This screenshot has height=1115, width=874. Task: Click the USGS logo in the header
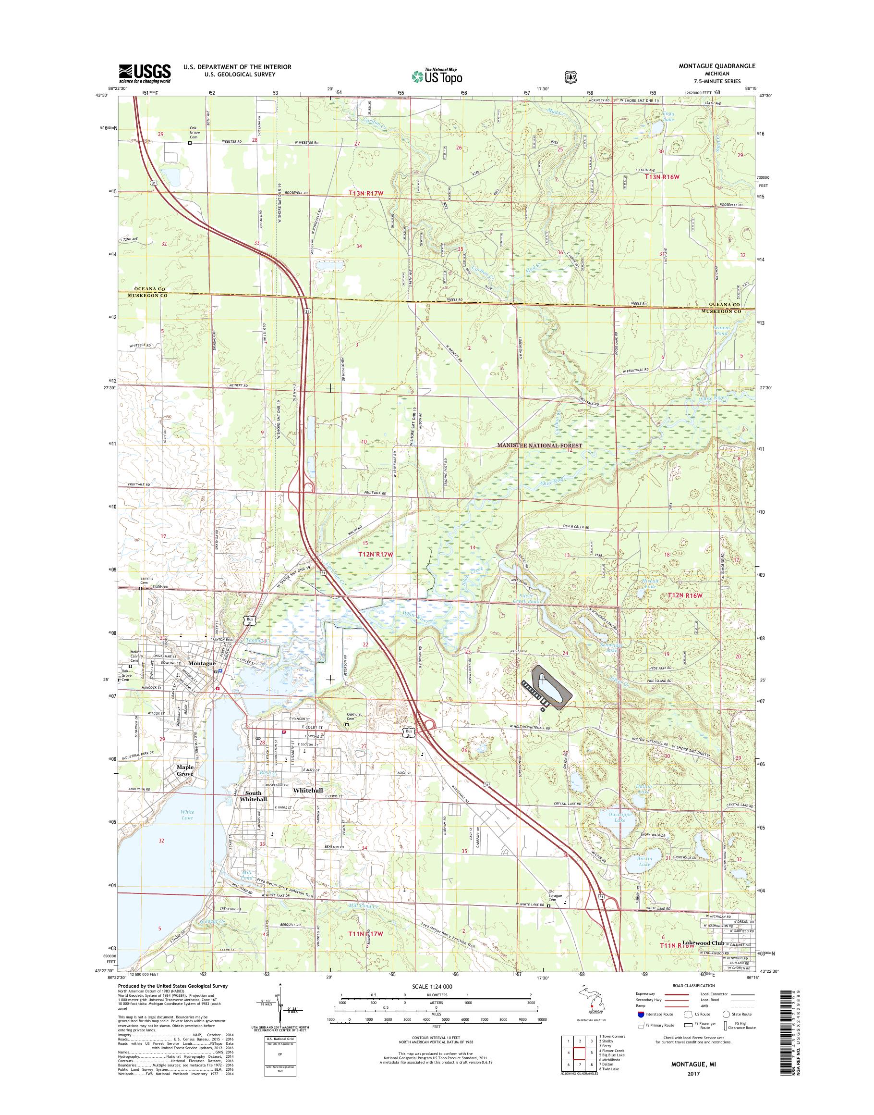(x=145, y=73)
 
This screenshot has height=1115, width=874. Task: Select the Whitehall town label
(x=308, y=805)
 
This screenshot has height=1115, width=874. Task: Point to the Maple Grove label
(x=185, y=785)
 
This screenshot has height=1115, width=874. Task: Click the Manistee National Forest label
(x=540, y=446)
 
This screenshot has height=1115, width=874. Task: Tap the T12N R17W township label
(x=375, y=555)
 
